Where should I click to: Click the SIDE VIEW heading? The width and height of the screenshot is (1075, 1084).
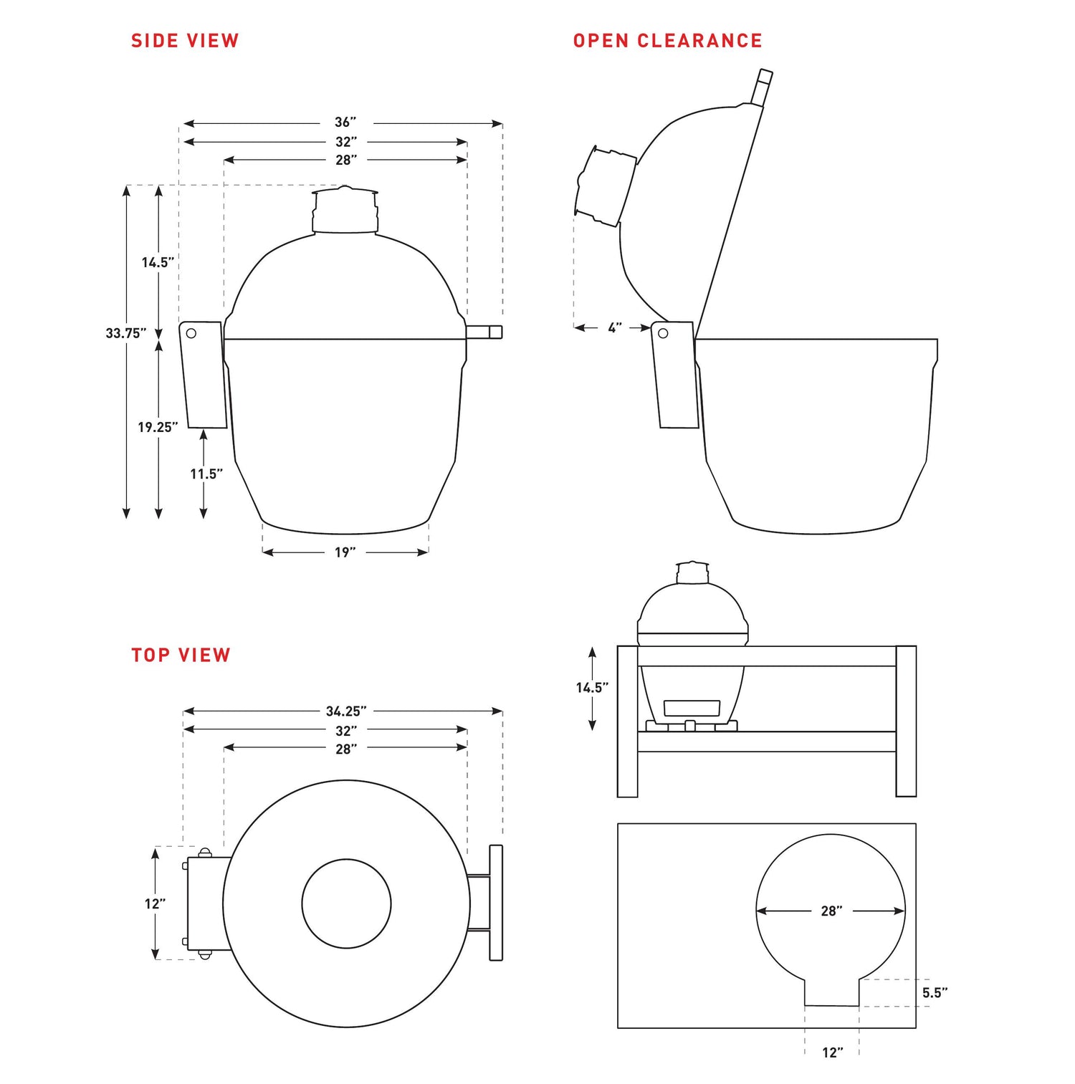point(185,41)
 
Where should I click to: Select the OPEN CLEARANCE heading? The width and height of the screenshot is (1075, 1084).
point(667,41)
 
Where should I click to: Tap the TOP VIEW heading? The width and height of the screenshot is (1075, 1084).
point(181,655)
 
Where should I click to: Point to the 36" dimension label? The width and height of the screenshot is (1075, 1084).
point(345,123)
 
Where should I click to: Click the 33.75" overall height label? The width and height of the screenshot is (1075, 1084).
point(125,333)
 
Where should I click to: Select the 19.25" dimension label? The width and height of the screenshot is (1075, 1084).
point(158,427)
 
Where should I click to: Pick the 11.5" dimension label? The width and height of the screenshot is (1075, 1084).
point(206,474)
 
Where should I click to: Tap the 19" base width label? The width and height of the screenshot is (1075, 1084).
point(345,552)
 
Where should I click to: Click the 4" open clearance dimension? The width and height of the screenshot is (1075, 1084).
point(614,328)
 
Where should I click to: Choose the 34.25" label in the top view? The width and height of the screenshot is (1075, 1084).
point(345,711)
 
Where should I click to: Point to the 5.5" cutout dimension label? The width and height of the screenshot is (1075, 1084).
point(935,992)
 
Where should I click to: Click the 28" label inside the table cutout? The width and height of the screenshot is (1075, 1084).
point(831,911)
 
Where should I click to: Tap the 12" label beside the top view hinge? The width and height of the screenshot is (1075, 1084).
point(155,903)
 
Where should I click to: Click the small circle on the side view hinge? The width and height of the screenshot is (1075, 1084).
point(191,333)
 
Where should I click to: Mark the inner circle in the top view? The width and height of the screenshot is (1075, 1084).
point(346,903)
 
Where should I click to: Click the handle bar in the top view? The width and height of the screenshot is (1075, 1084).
point(496,903)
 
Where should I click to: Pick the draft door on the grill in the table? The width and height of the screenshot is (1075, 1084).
point(692,708)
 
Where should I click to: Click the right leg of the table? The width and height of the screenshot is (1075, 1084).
point(906,721)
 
